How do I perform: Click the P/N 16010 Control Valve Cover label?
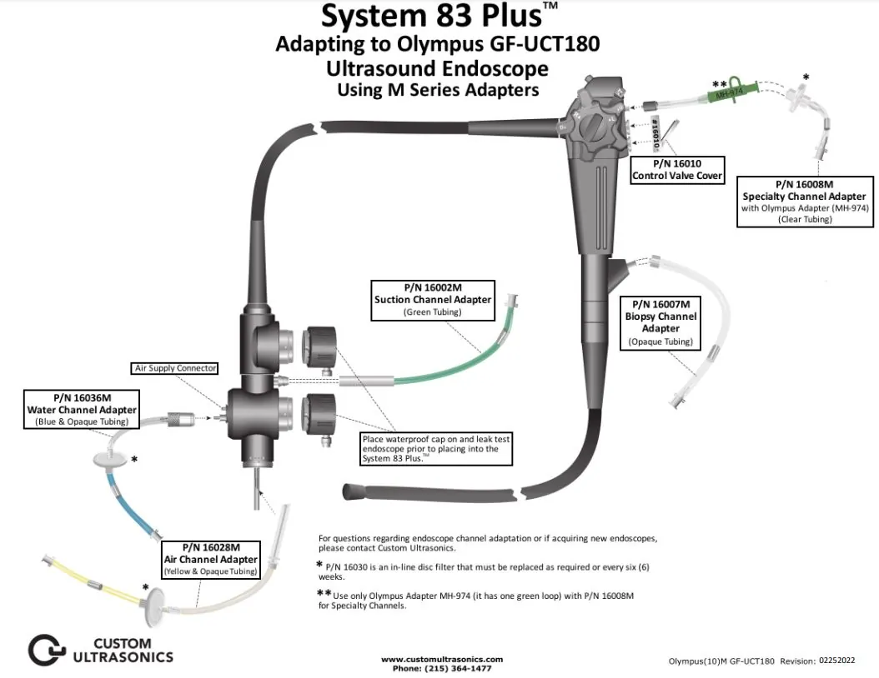pos(677,170)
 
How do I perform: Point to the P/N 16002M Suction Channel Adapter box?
pos(433,300)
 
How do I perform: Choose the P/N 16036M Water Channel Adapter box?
pos(81,409)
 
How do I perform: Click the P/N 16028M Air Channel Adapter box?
pos(209,559)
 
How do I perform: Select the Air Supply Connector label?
pos(176,368)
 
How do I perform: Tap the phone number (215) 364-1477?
pos(441,668)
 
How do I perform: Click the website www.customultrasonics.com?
pos(442,659)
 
